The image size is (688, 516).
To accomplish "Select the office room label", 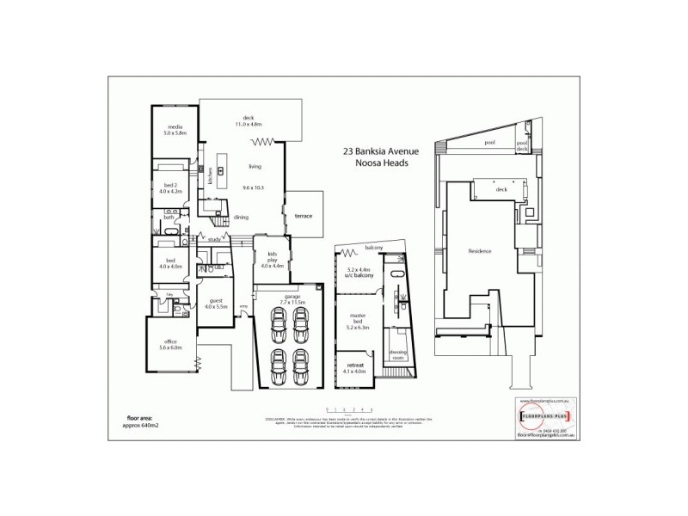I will pos(170,343).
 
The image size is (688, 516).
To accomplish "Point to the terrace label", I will pos(302,215).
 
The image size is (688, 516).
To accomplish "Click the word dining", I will pos(241,217).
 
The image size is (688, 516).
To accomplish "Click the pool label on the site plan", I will pos(490,143).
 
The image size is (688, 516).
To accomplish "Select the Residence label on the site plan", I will pos(479,251).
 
